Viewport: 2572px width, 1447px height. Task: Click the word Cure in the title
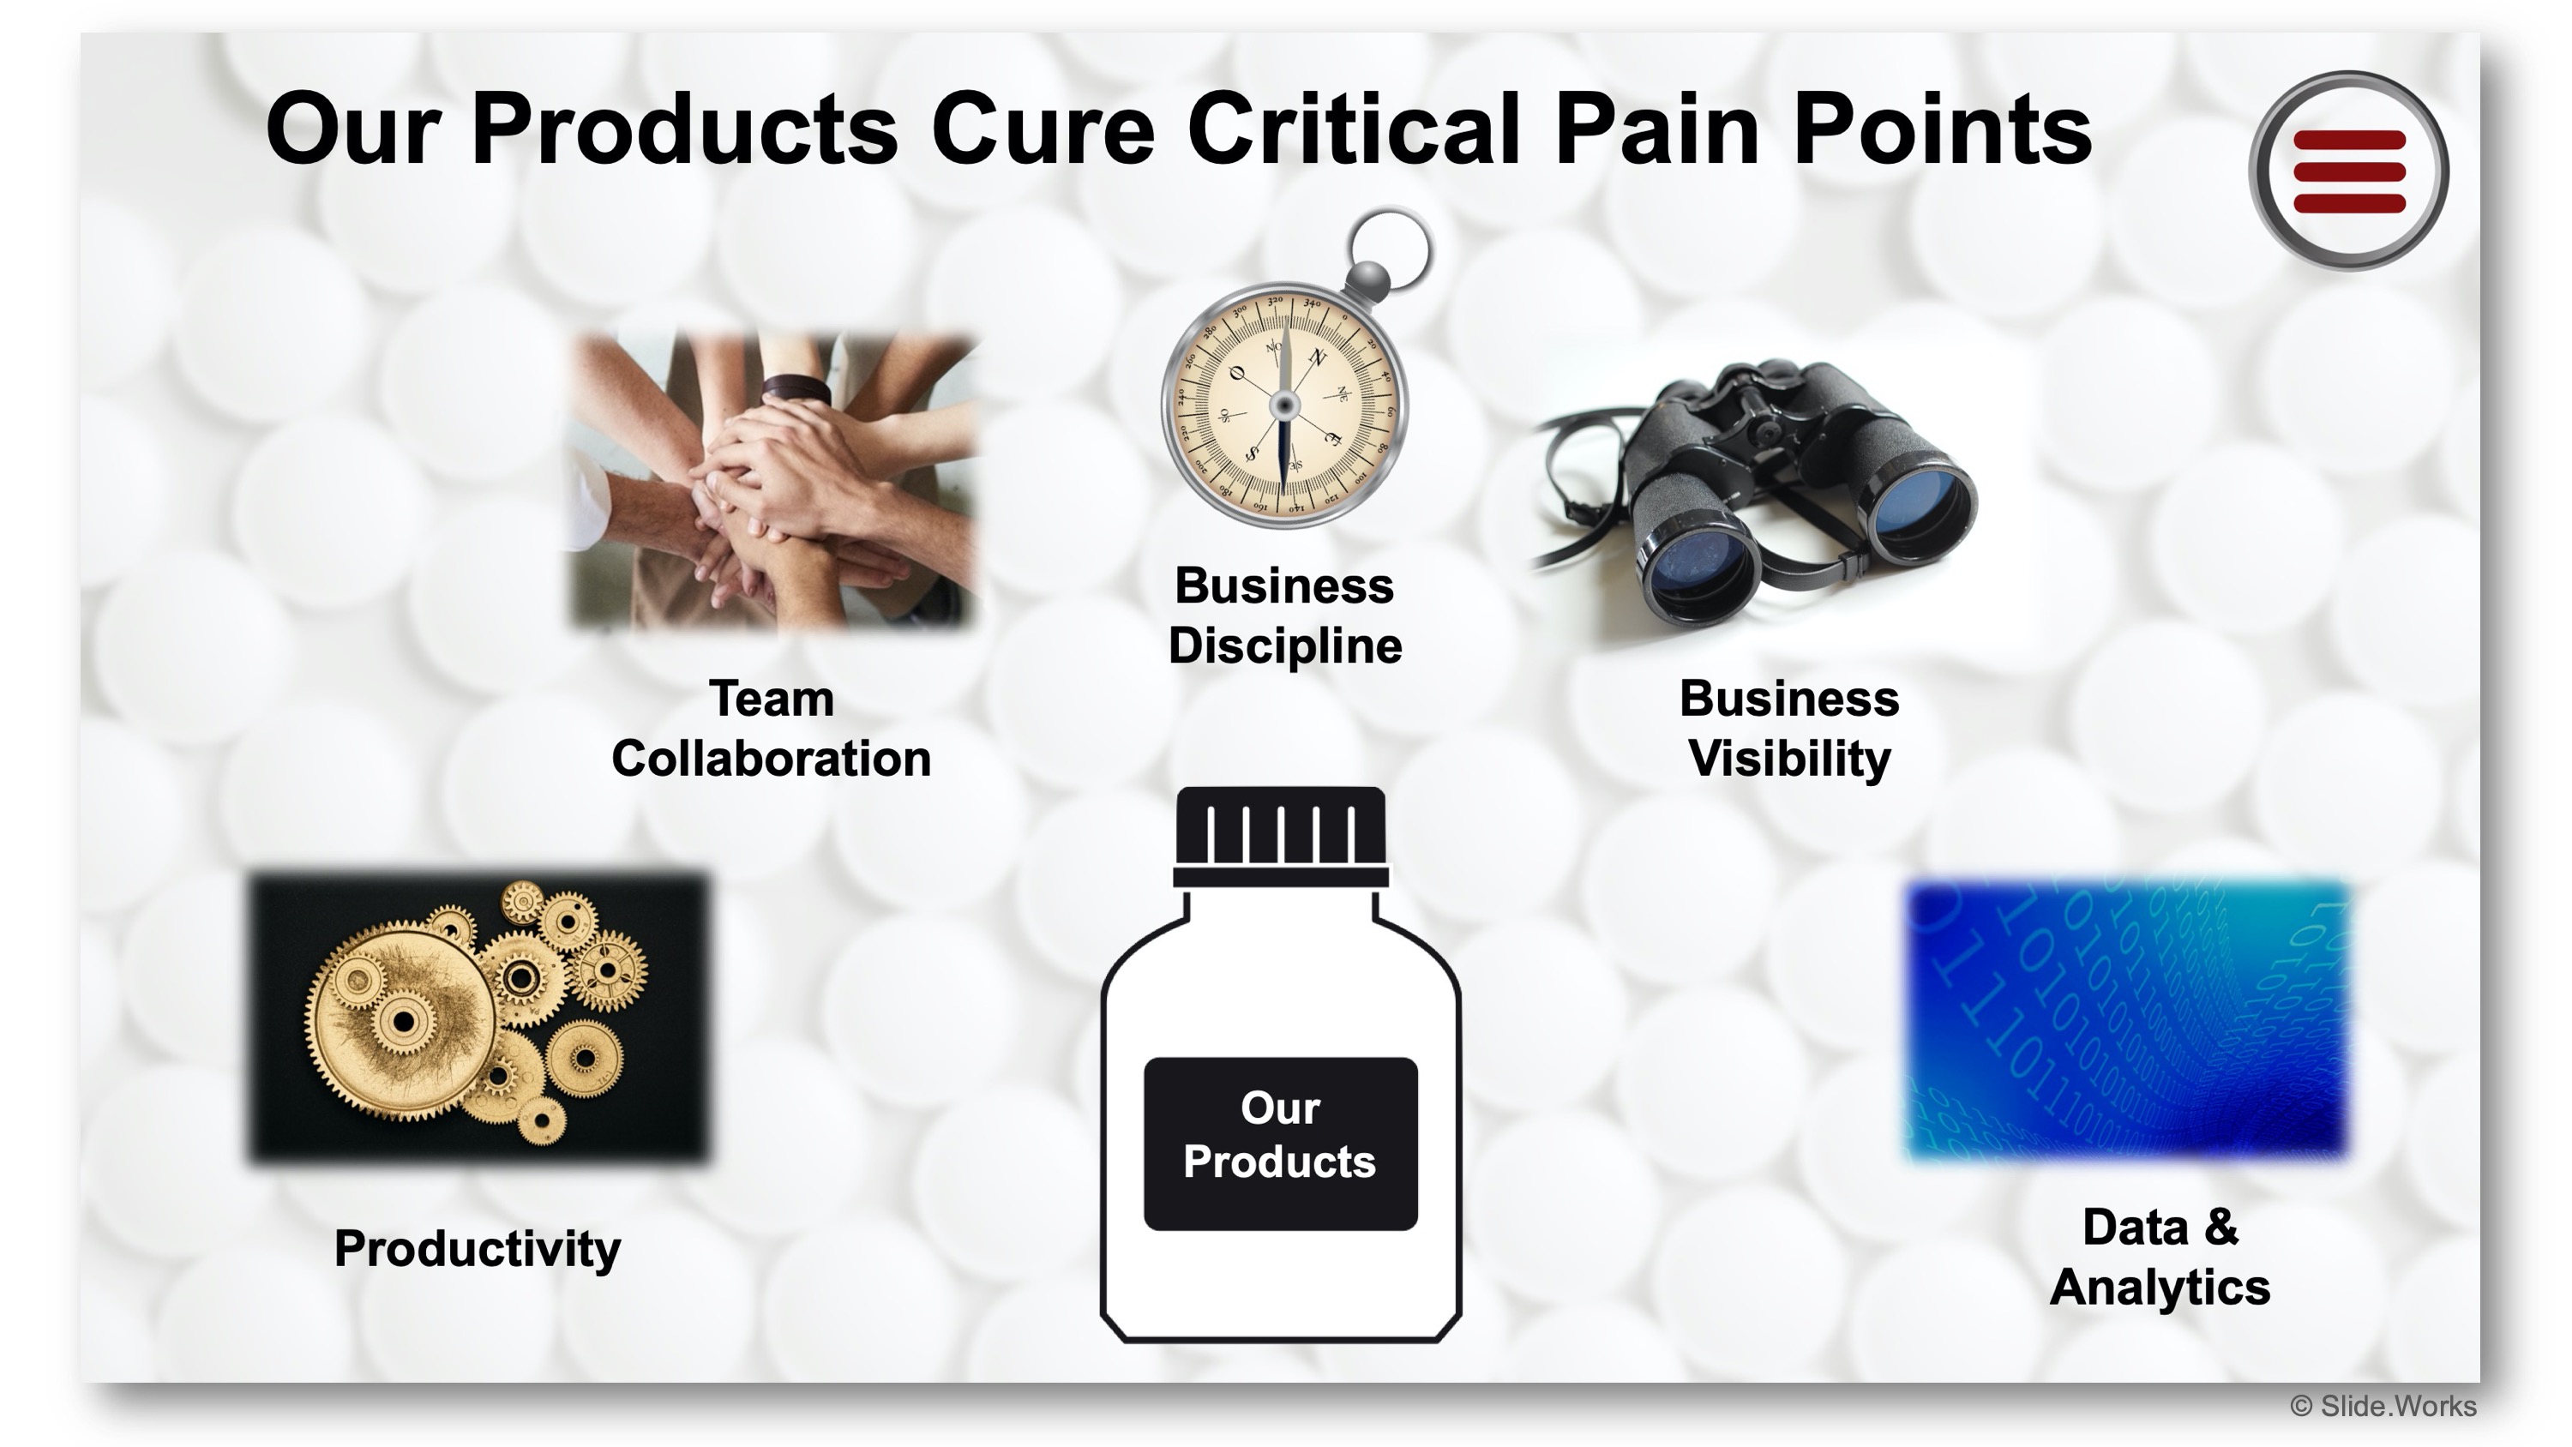point(1043,129)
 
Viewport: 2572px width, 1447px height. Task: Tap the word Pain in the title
point(1657,129)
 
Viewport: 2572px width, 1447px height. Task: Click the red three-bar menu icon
point(2348,171)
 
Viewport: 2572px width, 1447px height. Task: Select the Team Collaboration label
point(771,728)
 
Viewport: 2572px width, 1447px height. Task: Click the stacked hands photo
point(772,483)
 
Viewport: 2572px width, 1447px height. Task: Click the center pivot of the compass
point(1284,405)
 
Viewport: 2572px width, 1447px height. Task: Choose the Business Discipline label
point(1285,615)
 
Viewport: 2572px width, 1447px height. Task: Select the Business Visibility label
point(1789,728)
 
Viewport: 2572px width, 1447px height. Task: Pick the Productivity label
point(478,1248)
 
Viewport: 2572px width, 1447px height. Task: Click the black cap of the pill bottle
point(1280,837)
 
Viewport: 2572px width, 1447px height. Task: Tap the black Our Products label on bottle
point(1280,1144)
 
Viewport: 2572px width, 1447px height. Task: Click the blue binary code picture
point(2129,1021)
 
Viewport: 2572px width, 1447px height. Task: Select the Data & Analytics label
point(2160,1258)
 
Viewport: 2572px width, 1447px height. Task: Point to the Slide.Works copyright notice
point(2383,1406)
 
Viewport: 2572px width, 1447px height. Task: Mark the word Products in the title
point(685,129)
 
